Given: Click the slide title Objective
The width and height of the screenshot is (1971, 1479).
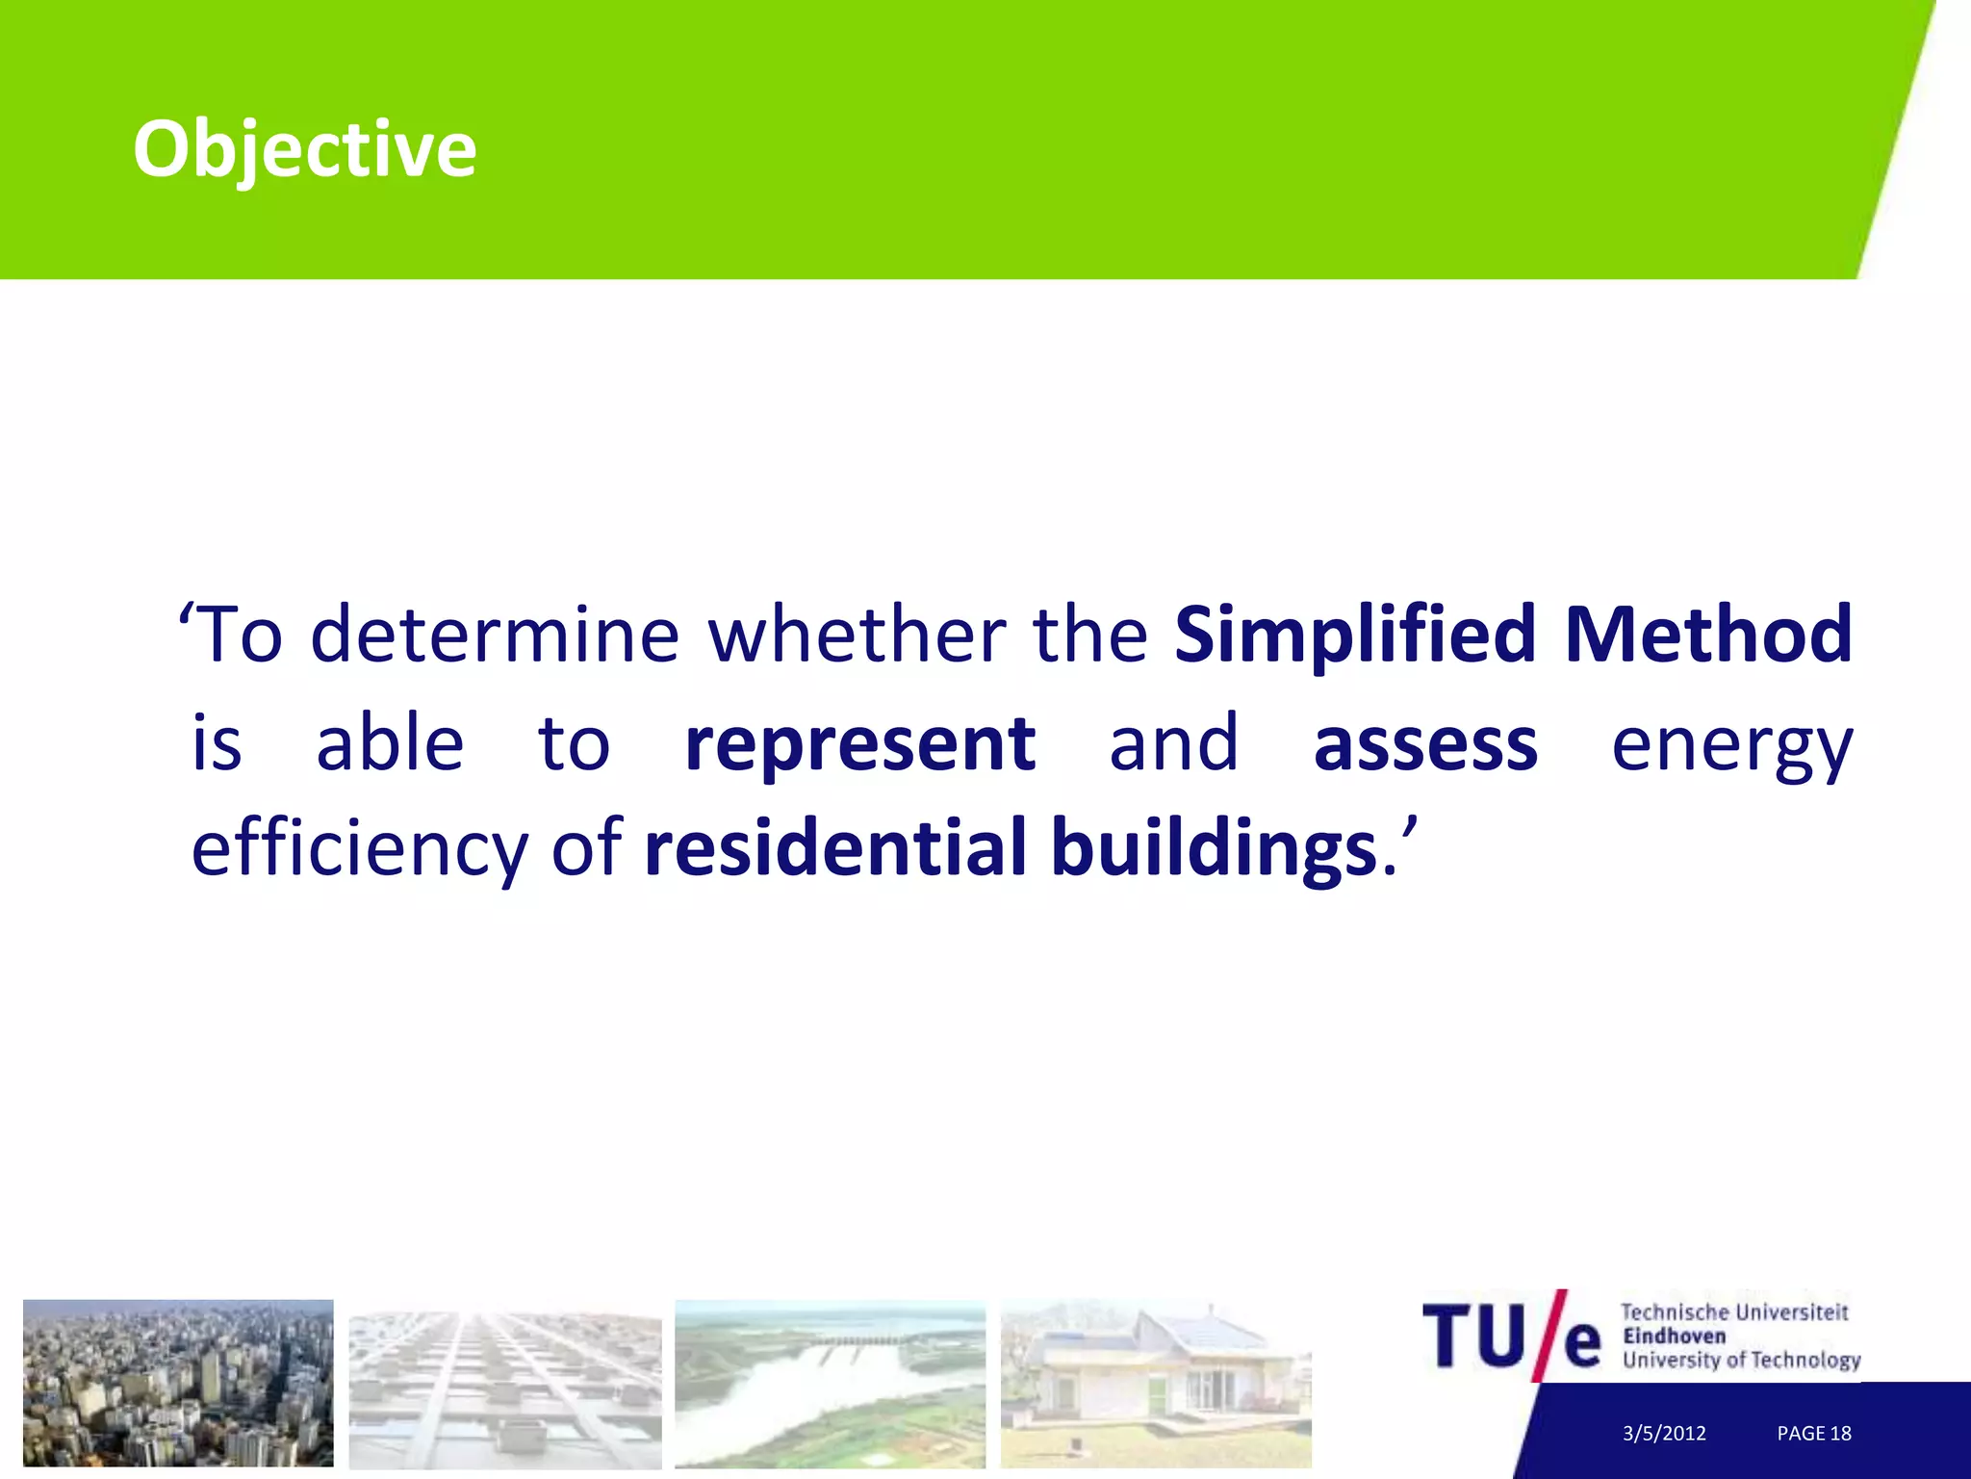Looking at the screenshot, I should click(304, 150).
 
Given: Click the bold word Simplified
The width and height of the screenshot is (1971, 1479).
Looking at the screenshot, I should click(1354, 636).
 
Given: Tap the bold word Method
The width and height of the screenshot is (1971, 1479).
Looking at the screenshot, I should click(1708, 636).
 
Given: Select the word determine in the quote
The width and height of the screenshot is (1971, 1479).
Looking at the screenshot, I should click(495, 636).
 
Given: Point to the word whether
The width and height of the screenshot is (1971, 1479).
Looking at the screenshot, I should click(857, 636).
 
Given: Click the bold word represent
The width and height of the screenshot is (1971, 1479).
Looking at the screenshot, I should click(859, 744).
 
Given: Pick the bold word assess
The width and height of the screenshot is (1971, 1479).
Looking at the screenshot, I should click(1425, 744).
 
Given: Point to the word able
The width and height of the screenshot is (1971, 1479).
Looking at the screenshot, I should click(390, 744).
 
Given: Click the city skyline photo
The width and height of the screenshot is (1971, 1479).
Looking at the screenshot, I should click(178, 1383).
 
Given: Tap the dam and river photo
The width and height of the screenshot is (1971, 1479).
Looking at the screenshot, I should click(830, 1383).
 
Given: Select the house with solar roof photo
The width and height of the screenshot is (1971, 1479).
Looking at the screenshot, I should click(1156, 1383).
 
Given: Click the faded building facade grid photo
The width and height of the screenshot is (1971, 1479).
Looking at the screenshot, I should click(504, 1388).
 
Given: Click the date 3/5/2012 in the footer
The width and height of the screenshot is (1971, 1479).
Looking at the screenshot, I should click(1664, 1433).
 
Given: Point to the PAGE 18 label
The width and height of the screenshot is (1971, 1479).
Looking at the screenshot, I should click(1813, 1433).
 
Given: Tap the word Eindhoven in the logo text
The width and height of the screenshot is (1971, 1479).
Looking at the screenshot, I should click(1674, 1336).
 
